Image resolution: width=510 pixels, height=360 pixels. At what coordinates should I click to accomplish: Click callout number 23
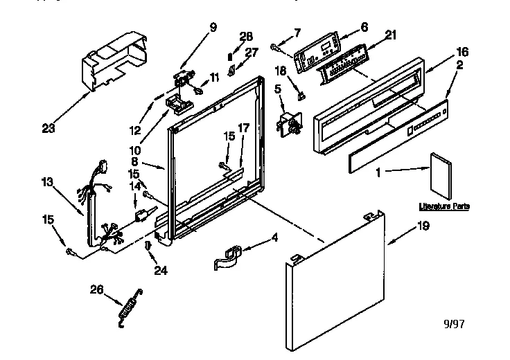pos(49,127)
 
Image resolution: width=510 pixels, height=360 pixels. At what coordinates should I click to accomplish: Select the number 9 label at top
pos(213,28)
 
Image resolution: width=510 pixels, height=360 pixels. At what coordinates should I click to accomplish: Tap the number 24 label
pos(161,271)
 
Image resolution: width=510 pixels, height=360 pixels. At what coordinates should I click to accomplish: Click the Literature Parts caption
pos(443,206)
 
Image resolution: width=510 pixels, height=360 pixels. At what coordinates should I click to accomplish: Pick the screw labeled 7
pos(276,47)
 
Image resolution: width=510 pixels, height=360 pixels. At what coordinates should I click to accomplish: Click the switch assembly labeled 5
pos(289,125)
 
